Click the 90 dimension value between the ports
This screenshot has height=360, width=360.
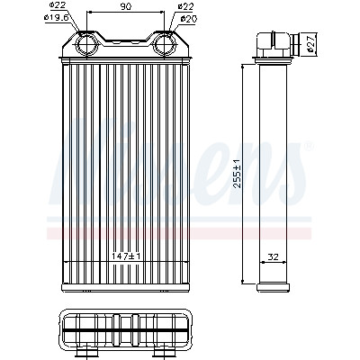126,6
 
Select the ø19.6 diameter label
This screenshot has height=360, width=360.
56,17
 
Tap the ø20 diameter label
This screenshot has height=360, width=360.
189,19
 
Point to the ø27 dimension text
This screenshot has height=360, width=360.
311,43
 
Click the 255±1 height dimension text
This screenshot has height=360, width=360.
237,174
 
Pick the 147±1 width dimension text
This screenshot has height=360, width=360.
126,256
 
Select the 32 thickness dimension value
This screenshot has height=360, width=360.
273,256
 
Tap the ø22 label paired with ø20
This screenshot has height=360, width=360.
185,5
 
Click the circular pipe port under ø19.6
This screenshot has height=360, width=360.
86,44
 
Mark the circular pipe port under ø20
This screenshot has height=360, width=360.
165,44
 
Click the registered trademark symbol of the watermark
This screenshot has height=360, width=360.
310,146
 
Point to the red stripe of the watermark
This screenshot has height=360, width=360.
179,233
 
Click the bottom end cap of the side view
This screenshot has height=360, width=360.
274,287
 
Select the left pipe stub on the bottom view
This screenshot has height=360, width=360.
86,354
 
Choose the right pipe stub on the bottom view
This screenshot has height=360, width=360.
164,354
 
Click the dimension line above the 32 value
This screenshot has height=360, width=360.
273,262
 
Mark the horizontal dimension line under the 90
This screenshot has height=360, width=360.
125,12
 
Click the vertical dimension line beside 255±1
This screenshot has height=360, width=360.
243,174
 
